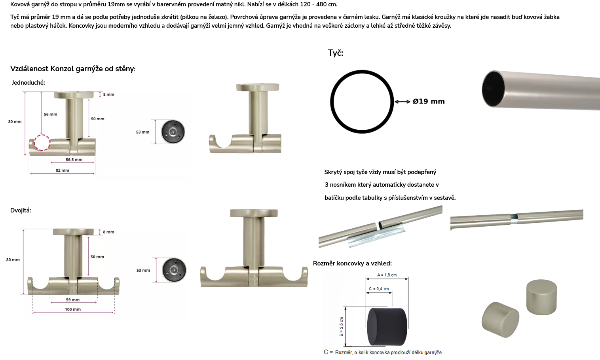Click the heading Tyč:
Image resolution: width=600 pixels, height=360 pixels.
(335, 53)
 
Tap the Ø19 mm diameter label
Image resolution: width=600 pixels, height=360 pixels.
(429, 101)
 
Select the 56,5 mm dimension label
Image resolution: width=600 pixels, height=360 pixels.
(74, 159)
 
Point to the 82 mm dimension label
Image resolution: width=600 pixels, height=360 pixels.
(63, 170)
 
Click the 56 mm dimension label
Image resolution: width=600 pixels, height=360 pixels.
(51, 114)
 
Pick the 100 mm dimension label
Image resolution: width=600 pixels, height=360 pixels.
(73, 309)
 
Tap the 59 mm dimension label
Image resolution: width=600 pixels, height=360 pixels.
(73, 300)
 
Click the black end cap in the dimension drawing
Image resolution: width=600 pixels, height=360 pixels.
(387, 326)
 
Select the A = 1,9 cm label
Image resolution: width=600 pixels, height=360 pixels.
(387, 275)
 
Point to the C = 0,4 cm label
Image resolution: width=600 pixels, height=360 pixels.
(379, 289)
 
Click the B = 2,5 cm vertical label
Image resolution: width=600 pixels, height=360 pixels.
(341, 327)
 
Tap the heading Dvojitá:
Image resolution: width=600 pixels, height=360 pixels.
(21, 210)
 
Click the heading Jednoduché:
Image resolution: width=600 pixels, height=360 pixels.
(28, 83)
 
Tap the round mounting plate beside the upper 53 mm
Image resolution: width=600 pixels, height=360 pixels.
(173, 132)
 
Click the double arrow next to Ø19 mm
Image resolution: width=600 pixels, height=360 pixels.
(403, 102)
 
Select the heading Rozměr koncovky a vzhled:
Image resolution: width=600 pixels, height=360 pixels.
(352, 263)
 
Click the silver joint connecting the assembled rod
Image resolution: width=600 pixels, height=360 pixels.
(514, 219)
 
